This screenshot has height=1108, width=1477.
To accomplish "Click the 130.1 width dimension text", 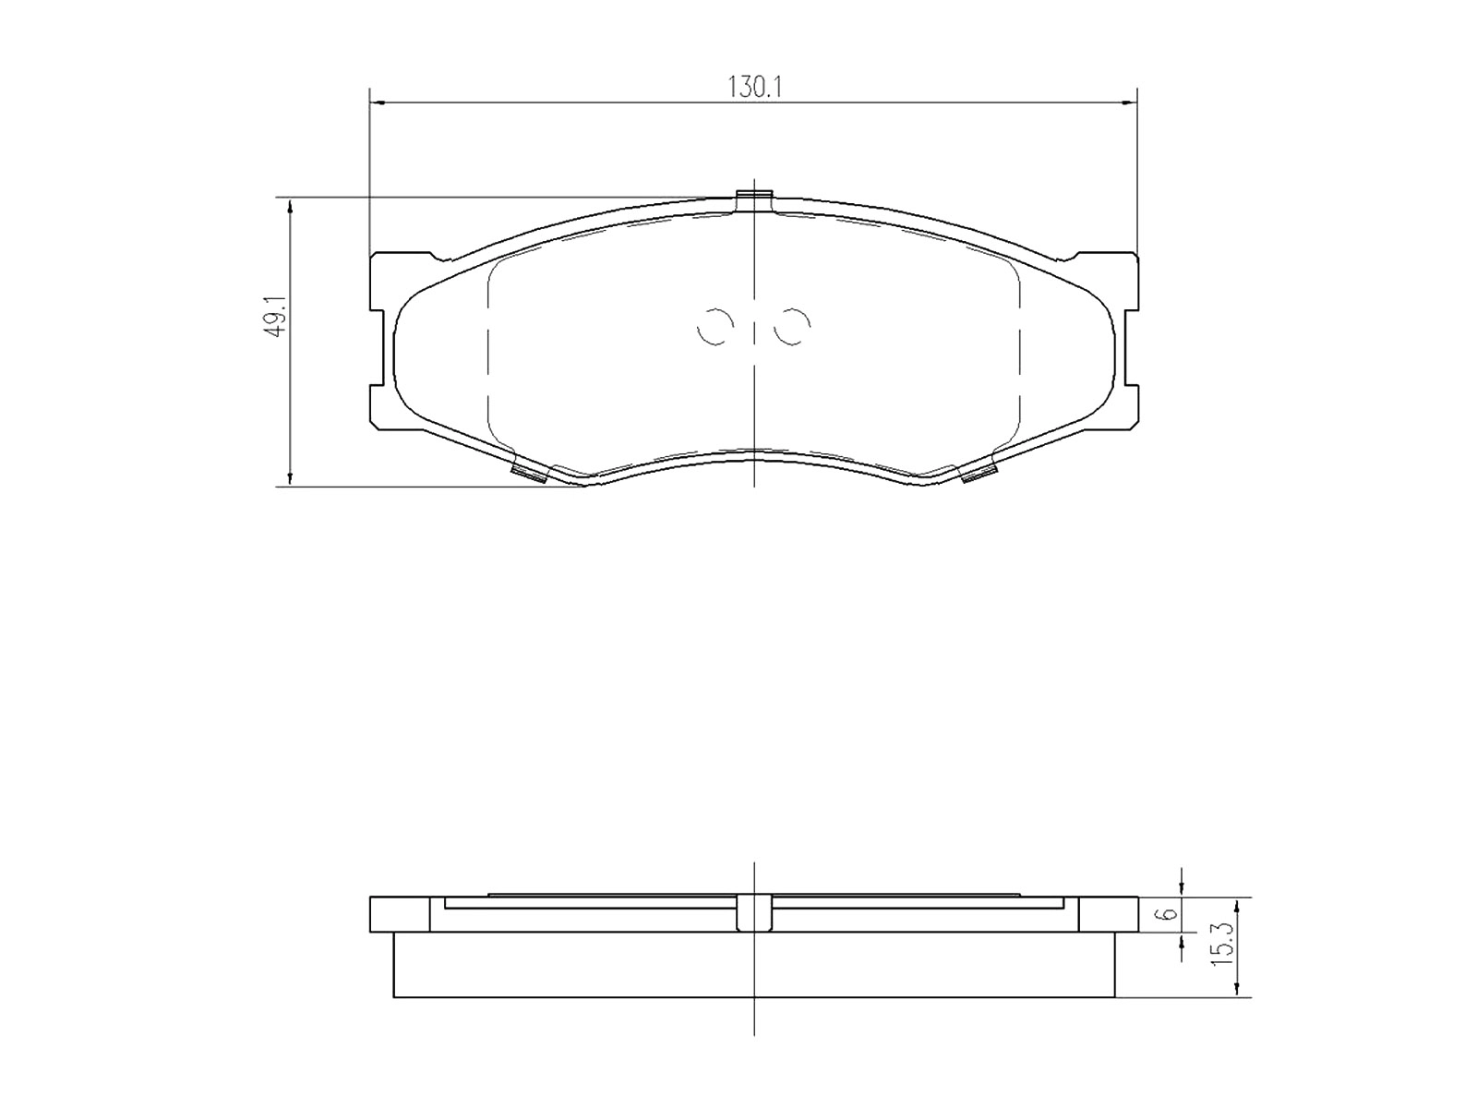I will click(755, 88).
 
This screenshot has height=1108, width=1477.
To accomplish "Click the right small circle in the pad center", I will click(793, 325).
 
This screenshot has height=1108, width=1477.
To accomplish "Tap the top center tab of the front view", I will click(754, 199).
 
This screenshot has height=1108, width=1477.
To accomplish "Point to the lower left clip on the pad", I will click(529, 475).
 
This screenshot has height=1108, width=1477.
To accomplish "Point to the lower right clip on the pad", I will click(979, 475).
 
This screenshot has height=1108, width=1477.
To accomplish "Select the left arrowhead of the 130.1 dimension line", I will click(377, 102).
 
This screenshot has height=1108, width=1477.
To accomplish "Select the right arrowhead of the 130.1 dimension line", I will click(1129, 102).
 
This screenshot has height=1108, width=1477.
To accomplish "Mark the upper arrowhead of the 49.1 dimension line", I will click(291, 205).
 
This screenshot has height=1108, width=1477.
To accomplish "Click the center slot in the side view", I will click(754, 912).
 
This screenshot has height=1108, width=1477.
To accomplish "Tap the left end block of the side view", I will click(399, 914).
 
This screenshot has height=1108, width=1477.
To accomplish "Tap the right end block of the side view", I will click(1109, 914).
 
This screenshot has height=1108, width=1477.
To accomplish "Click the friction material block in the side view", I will click(754, 965).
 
